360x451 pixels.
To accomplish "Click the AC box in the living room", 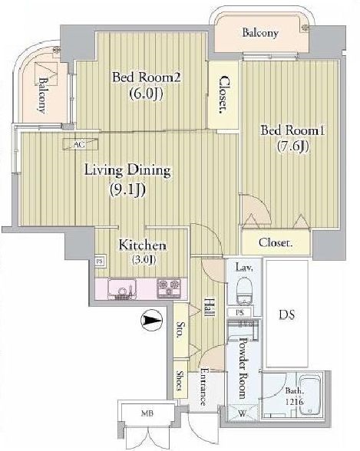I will click(78, 143).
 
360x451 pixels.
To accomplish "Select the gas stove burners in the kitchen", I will click(169, 289).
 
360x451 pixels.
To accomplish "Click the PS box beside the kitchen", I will click(100, 262).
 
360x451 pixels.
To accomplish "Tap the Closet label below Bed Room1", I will click(275, 243).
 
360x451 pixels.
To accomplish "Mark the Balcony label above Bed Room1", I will click(260, 33).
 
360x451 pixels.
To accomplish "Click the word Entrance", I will click(205, 387).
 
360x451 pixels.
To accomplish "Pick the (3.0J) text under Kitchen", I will click(142, 261).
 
